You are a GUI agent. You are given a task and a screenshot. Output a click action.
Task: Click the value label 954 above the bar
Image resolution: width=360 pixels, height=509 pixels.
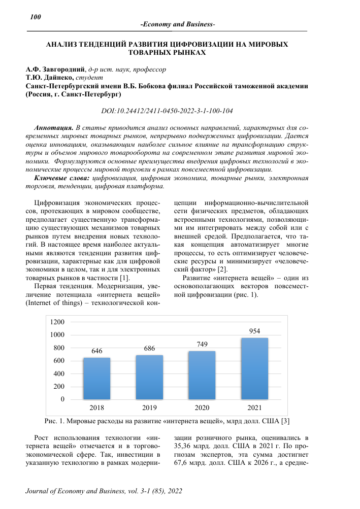[x=254, y=331]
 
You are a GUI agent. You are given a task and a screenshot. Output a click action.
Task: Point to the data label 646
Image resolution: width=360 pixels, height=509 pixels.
[x=96, y=351]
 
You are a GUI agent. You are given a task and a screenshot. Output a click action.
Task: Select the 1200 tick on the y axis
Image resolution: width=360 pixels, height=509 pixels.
[x=57, y=322]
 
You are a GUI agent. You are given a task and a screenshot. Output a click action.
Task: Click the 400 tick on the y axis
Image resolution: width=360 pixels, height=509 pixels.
[x=59, y=374]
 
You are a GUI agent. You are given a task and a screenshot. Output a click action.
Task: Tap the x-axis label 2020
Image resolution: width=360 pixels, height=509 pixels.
[x=202, y=408]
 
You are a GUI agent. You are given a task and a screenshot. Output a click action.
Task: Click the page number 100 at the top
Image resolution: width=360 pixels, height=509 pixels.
[x=35, y=17]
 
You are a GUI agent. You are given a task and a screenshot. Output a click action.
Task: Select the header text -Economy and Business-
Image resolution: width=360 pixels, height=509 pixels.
[x=178, y=25]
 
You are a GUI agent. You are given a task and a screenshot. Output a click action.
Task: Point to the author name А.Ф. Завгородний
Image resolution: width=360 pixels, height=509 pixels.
[x=56, y=69]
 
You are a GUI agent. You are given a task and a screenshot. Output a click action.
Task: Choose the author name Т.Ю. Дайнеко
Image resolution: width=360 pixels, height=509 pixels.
[x=50, y=78]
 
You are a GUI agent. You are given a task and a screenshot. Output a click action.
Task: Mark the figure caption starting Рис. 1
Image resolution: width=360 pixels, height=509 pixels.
[x=167, y=421]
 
